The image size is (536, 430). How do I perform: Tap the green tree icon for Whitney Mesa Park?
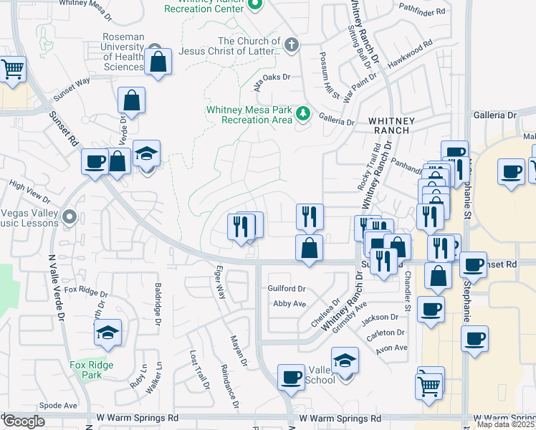pyautogui.click(x=303, y=113)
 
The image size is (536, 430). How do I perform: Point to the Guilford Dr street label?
pyautogui.click(x=287, y=289)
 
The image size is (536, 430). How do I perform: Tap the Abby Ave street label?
pyautogui.click(x=289, y=304)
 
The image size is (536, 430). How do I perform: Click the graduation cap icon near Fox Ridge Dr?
pyautogui.click(x=107, y=333)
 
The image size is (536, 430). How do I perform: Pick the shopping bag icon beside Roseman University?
pyautogui.click(x=158, y=62)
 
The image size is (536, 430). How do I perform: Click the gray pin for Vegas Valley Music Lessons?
pyautogui.click(x=69, y=216)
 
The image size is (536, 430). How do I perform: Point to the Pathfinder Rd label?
pyautogui.click(x=423, y=11)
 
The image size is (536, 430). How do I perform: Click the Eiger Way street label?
pyautogui.click(x=220, y=282)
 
